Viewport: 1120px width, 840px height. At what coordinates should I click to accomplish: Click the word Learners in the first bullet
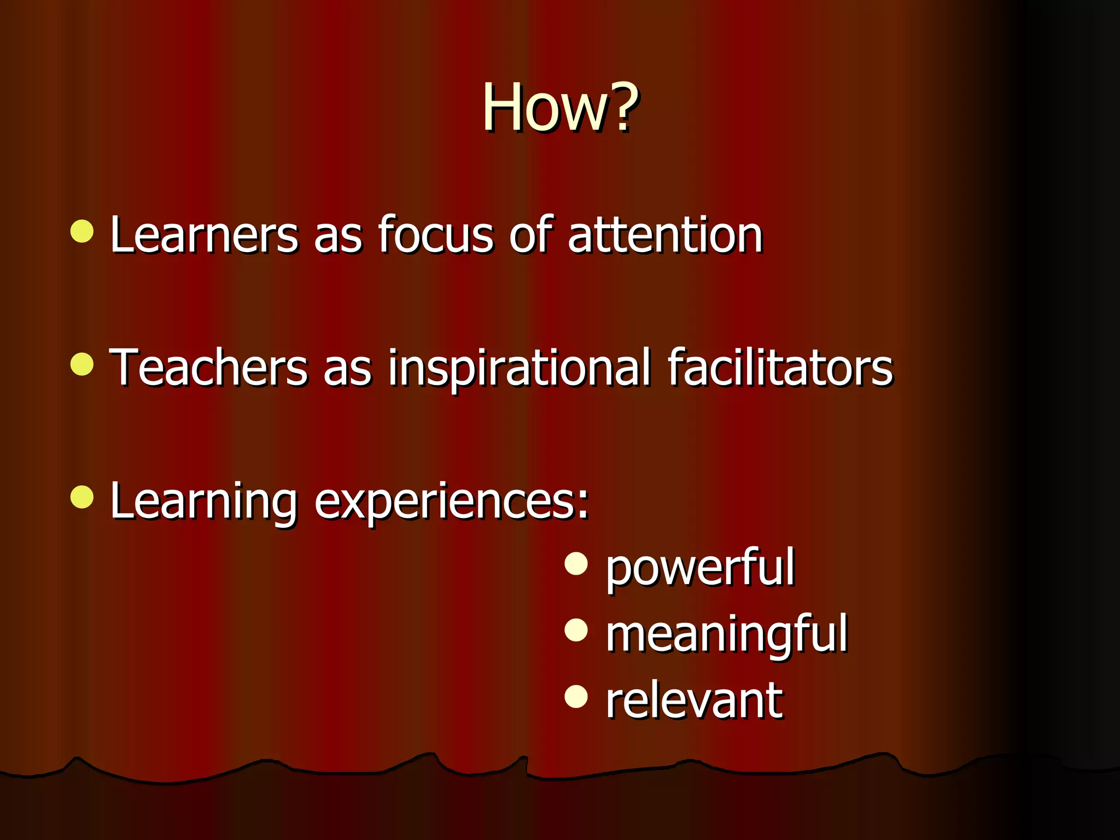tap(204, 235)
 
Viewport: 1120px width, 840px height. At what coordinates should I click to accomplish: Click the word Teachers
tap(208, 367)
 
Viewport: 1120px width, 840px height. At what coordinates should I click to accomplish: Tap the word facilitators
tap(780, 367)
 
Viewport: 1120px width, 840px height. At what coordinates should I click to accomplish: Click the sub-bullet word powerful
tap(700, 569)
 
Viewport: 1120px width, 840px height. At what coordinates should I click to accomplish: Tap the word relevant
tap(693, 701)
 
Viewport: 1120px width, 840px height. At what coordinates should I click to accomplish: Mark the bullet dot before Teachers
tap(82, 364)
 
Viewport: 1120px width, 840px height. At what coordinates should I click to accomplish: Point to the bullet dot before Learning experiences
tap(82, 497)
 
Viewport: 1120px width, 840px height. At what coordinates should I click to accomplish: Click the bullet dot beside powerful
tap(576, 564)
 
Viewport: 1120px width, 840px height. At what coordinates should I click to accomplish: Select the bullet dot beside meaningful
tap(576, 630)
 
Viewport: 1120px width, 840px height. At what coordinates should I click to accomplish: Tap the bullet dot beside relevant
tap(576, 696)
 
